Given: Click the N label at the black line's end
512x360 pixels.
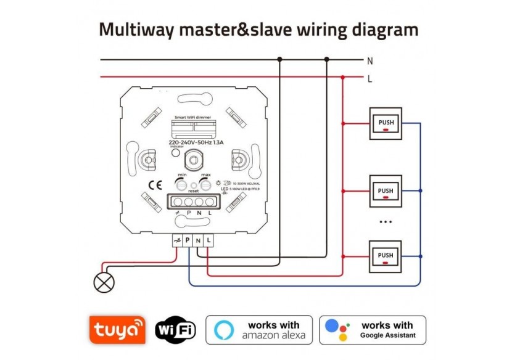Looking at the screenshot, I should (370, 60).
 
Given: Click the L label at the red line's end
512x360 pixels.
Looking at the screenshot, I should (370, 79).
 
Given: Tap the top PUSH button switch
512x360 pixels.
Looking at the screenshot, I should (386, 123).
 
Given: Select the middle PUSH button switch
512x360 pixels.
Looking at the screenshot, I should (386, 191).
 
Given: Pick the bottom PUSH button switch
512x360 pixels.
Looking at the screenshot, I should (386, 256).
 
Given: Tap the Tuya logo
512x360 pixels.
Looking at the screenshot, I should (117, 330).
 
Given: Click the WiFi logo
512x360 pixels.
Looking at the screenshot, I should (175, 330).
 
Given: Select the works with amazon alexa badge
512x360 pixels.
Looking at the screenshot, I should (259, 330).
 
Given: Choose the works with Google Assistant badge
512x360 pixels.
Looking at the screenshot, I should (373, 330).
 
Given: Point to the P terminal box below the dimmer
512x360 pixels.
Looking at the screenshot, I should (187, 240).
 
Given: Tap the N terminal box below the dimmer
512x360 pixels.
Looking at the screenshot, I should (197, 240).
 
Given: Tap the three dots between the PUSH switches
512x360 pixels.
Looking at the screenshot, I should (386, 221).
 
